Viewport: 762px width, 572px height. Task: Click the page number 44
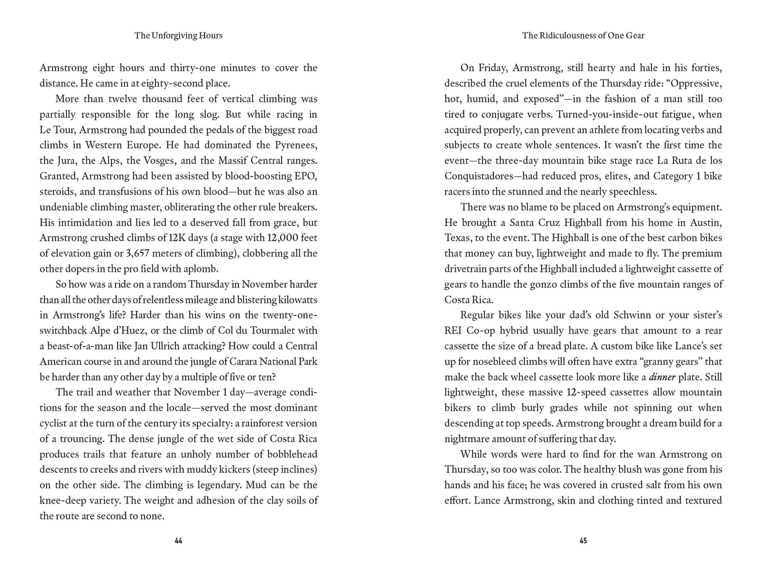tap(178, 541)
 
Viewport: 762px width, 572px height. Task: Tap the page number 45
tap(583, 541)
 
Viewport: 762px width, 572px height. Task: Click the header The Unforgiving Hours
tap(178, 36)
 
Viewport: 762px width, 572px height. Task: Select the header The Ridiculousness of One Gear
tap(583, 36)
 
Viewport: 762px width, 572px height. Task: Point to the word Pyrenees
tap(296, 145)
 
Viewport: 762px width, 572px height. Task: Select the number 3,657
tap(137, 253)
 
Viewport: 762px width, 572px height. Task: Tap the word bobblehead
tap(291, 454)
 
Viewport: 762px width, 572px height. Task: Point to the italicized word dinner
tap(662, 377)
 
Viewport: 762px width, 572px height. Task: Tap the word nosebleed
tap(498, 361)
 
